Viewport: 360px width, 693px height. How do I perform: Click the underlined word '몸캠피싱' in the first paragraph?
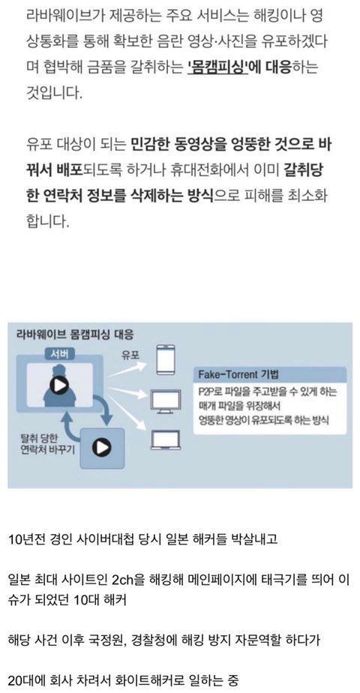[218, 68]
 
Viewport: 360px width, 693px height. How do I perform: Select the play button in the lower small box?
[101, 449]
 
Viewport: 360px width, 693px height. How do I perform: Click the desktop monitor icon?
[166, 401]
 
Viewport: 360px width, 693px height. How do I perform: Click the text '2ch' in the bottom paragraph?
[122, 580]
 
